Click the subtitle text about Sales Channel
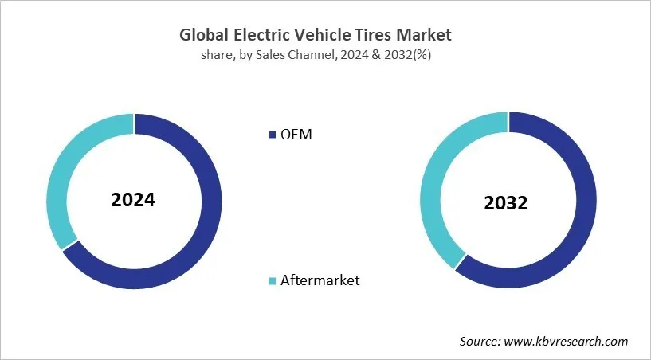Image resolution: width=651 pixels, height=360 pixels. tap(325, 54)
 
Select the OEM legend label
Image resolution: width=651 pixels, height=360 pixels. tap(296, 135)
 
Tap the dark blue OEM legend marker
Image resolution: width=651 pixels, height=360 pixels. tap(272, 135)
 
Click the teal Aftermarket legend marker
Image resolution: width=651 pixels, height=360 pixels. tap(272, 280)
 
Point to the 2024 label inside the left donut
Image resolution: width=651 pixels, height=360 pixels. tap(134, 199)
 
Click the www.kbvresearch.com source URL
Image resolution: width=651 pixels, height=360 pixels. tap(567, 341)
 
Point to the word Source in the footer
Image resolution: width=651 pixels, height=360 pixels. tap(480, 341)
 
